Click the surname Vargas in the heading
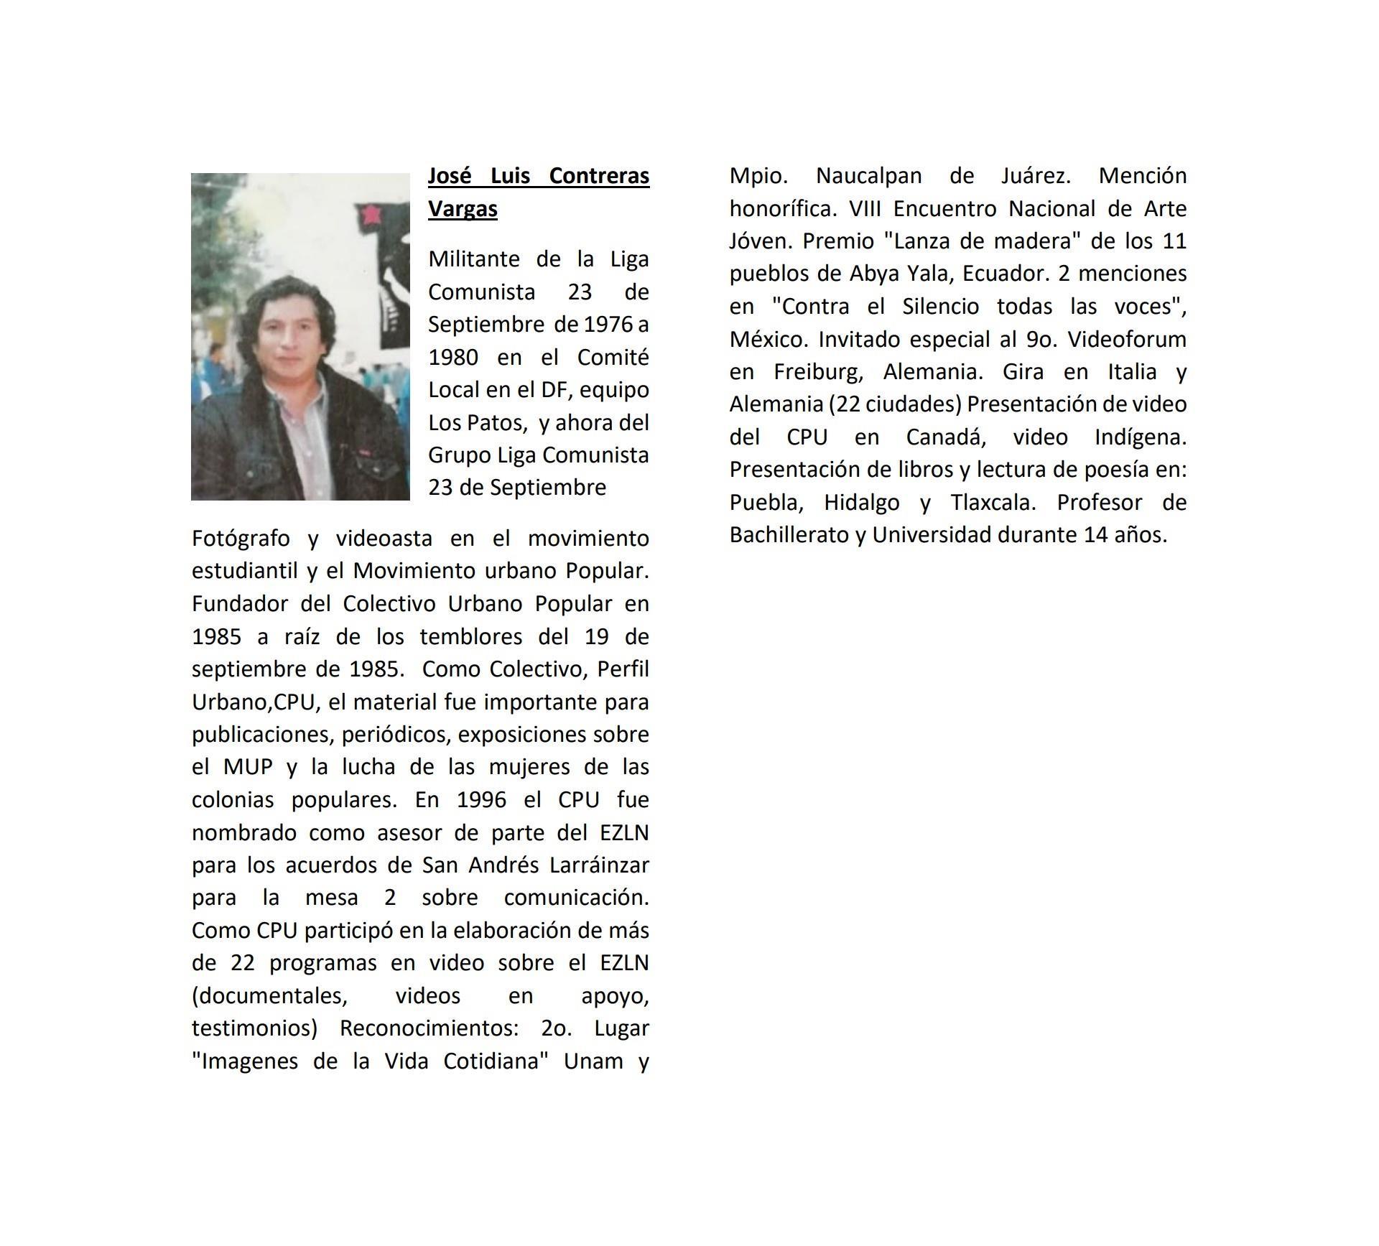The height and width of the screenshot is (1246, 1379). (463, 209)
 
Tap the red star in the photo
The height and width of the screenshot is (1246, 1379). (371, 214)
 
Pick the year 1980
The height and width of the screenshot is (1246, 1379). (453, 357)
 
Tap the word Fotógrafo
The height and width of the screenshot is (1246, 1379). (240, 539)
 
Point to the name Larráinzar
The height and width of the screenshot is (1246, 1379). (599, 865)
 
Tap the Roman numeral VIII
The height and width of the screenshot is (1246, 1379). (867, 209)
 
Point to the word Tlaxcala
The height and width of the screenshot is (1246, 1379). (993, 502)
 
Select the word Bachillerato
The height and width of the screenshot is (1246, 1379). (789, 535)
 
